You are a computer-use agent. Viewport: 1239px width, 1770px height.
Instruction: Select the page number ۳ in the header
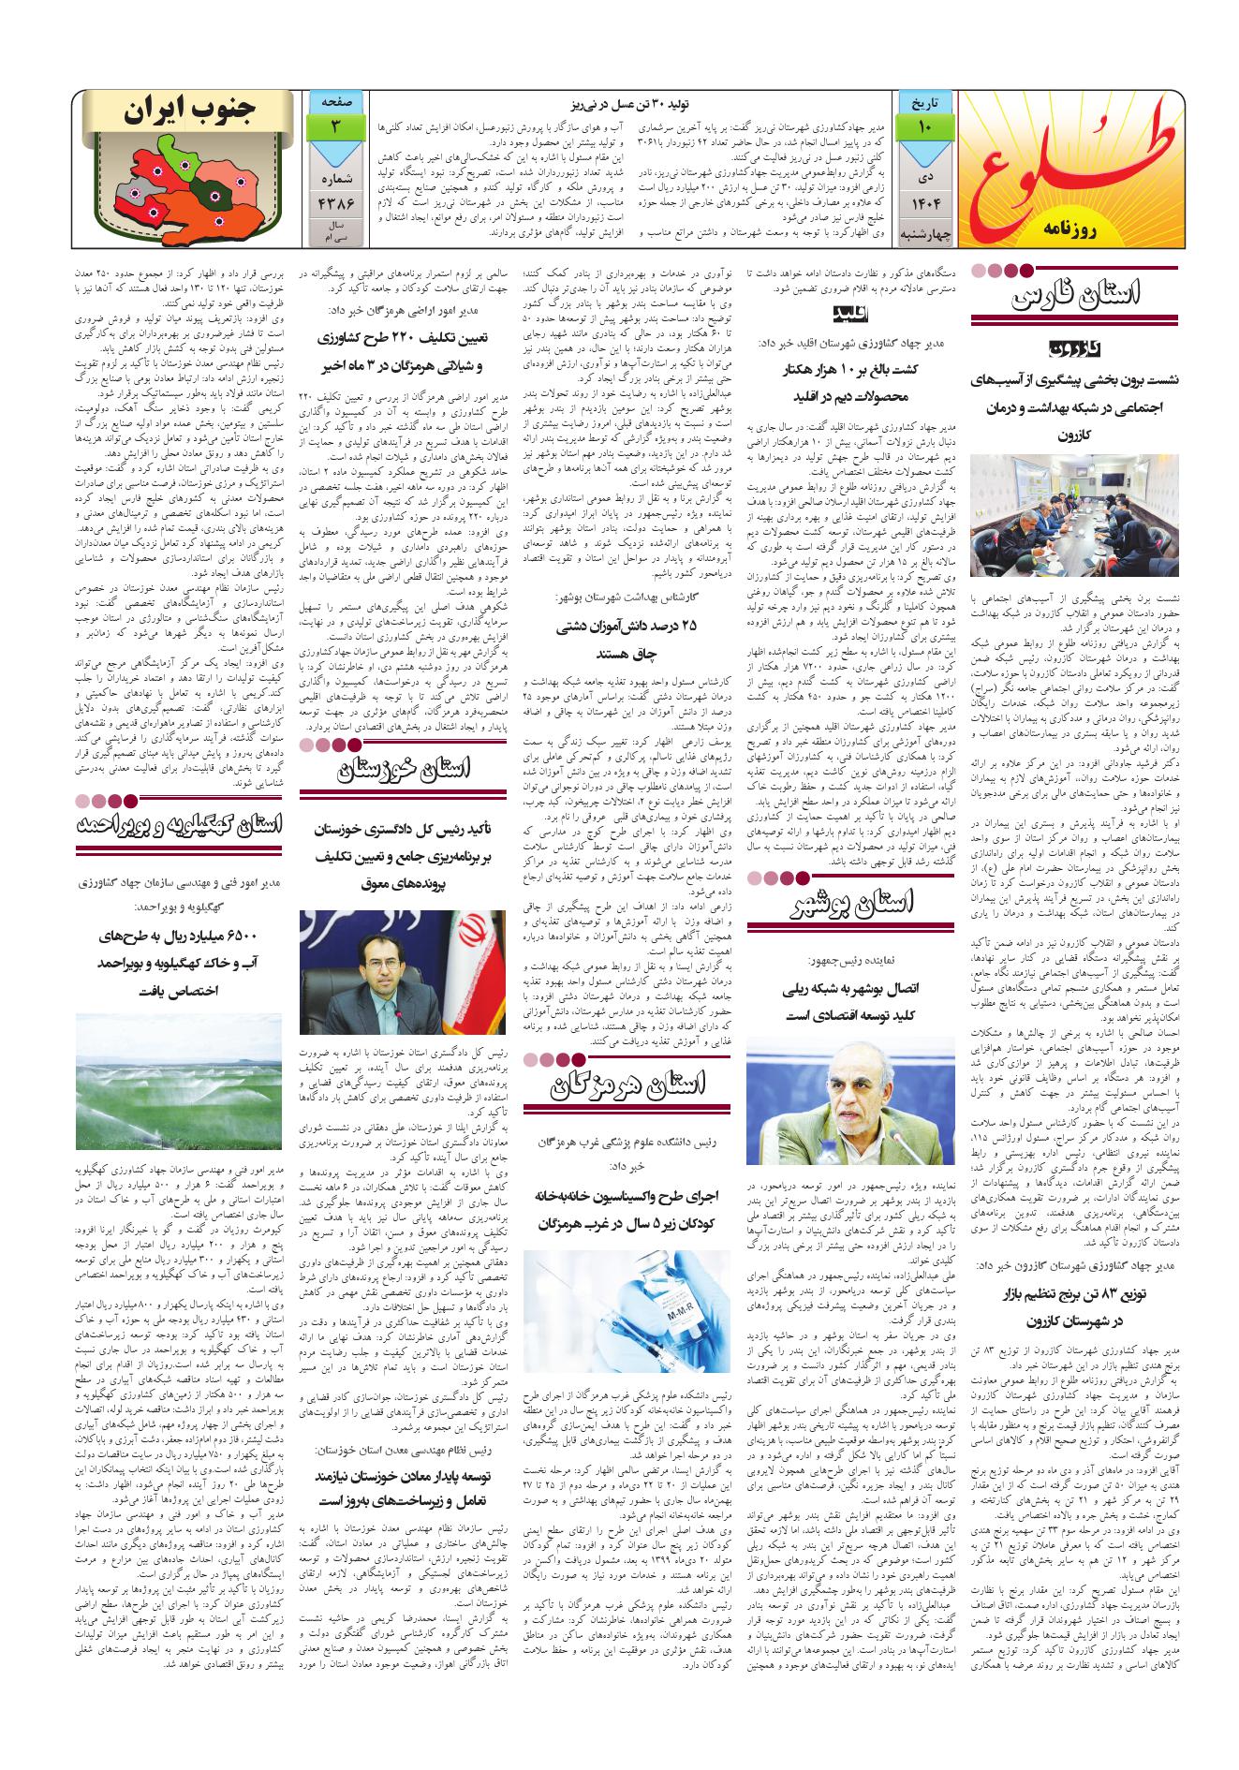pyautogui.click(x=333, y=125)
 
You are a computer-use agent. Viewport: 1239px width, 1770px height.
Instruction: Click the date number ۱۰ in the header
pyautogui.click(x=924, y=125)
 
